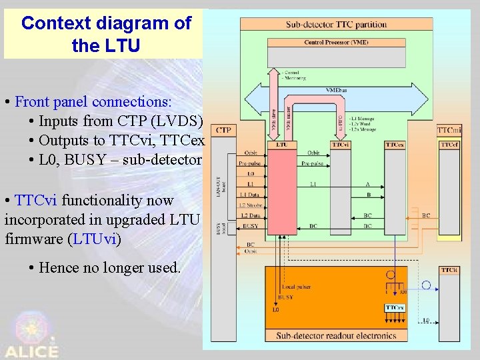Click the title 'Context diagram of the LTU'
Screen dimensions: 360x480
point(106,33)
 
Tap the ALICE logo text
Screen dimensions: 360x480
point(31,351)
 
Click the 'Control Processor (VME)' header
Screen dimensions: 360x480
point(336,43)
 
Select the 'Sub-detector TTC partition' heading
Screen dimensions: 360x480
point(336,25)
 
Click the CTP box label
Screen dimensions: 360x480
point(224,129)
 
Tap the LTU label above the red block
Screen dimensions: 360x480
point(282,144)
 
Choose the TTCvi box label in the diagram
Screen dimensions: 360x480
point(341,144)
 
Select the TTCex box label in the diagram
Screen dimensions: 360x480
point(395,144)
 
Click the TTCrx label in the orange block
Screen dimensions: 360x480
point(394,307)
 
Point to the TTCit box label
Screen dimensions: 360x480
point(449,270)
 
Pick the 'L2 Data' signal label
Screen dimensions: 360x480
point(251,215)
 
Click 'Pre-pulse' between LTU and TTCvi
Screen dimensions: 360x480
point(313,163)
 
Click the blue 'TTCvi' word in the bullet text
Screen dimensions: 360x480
point(31,200)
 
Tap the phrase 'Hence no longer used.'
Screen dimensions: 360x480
point(110,267)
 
